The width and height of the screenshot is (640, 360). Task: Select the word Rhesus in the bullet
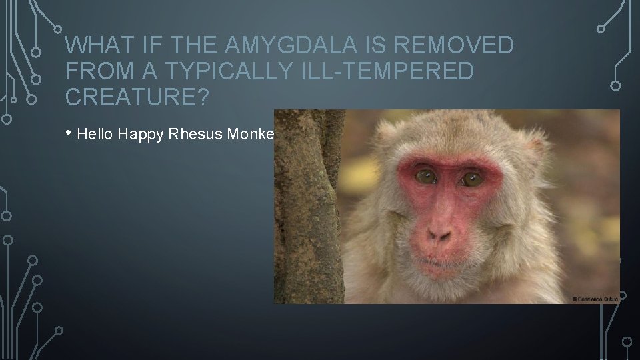tap(197, 134)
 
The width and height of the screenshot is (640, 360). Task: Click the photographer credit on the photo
tap(595, 299)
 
